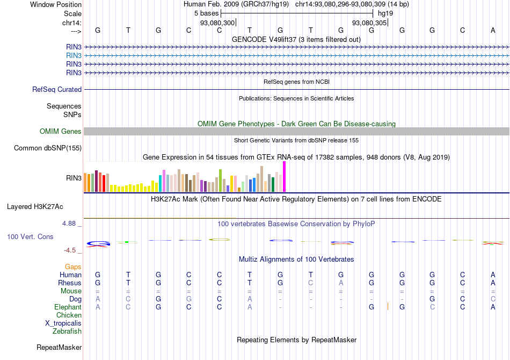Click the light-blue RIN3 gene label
(x=74, y=55)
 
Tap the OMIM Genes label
(x=61, y=132)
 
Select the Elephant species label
(x=68, y=307)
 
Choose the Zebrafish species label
(x=67, y=332)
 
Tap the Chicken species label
(x=69, y=315)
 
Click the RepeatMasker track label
(x=59, y=348)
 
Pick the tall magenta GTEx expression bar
(x=285, y=176)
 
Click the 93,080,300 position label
(x=217, y=23)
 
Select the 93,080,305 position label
(x=369, y=23)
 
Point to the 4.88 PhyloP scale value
(x=72, y=224)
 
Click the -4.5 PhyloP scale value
(x=72, y=250)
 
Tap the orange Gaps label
(x=73, y=267)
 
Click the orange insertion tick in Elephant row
(x=388, y=307)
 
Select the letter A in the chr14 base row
(x=493, y=30)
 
